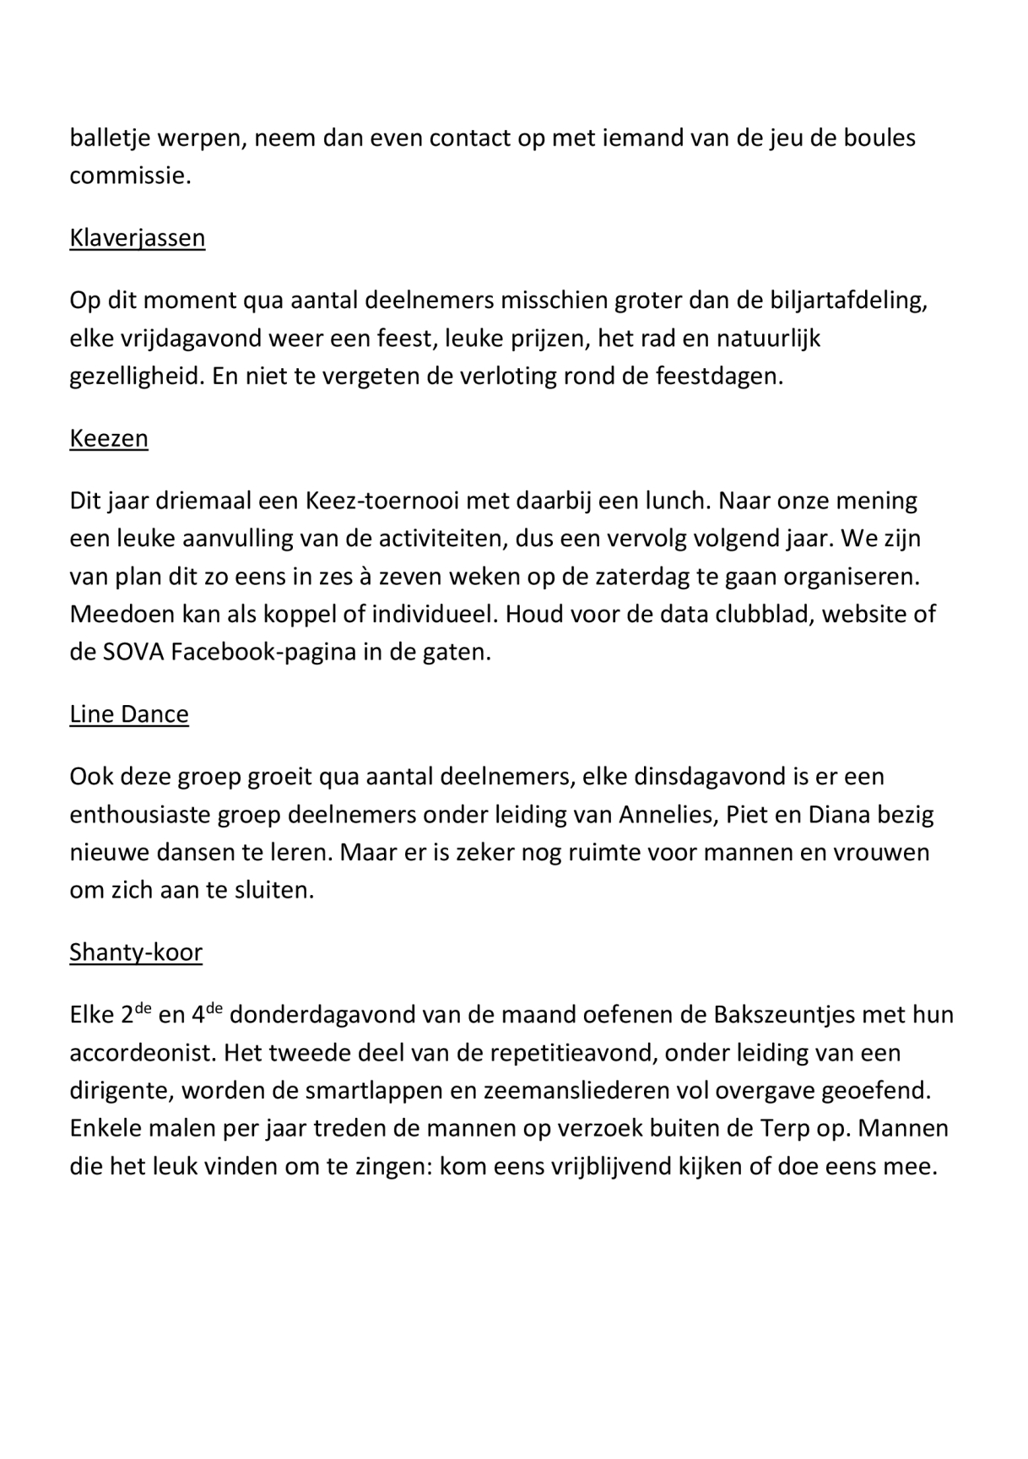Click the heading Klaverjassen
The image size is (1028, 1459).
pos(137,239)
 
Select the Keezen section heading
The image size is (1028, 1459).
pos(109,439)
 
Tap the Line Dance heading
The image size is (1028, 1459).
pos(129,715)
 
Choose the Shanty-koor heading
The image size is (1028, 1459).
pos(136,953)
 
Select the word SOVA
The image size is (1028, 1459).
pos(133,654)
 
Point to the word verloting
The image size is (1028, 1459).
pos(512,377)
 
